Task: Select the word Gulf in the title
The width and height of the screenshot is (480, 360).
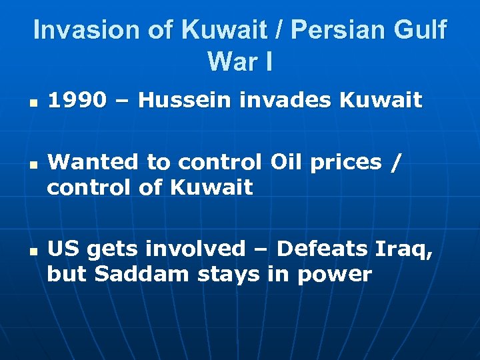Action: pyautogui.click(x=422, y=31)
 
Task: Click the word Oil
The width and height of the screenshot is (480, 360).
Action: pyautogui.click(x=287, y=162)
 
